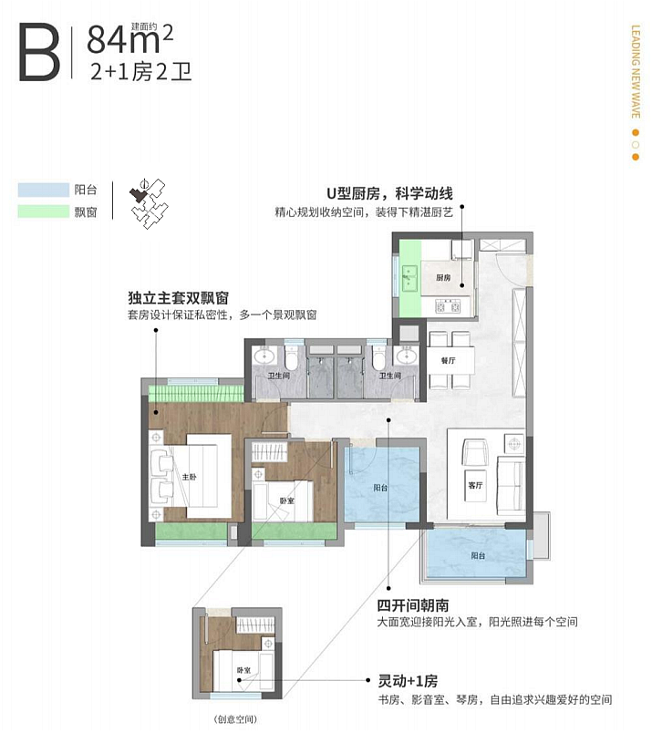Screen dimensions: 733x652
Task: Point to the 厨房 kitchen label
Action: point(444,277)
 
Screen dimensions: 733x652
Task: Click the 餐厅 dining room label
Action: point(448,360)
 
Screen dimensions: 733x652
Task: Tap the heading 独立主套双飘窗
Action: point(177,298)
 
